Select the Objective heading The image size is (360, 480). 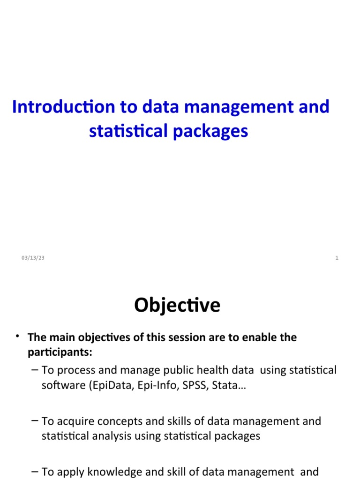coord(177,306)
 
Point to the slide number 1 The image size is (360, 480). coord(337,258)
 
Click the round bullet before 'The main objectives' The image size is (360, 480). coord(17,336)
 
